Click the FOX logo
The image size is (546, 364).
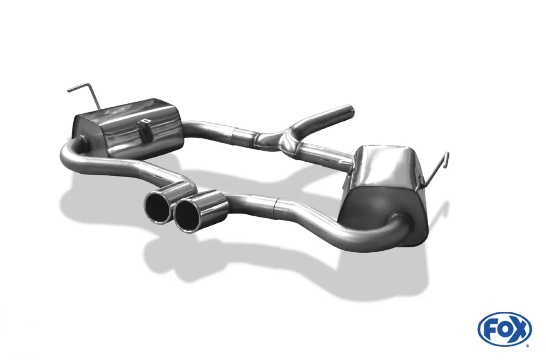(x=505, y=329)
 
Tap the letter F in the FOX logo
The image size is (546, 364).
(x=489, y=329)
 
